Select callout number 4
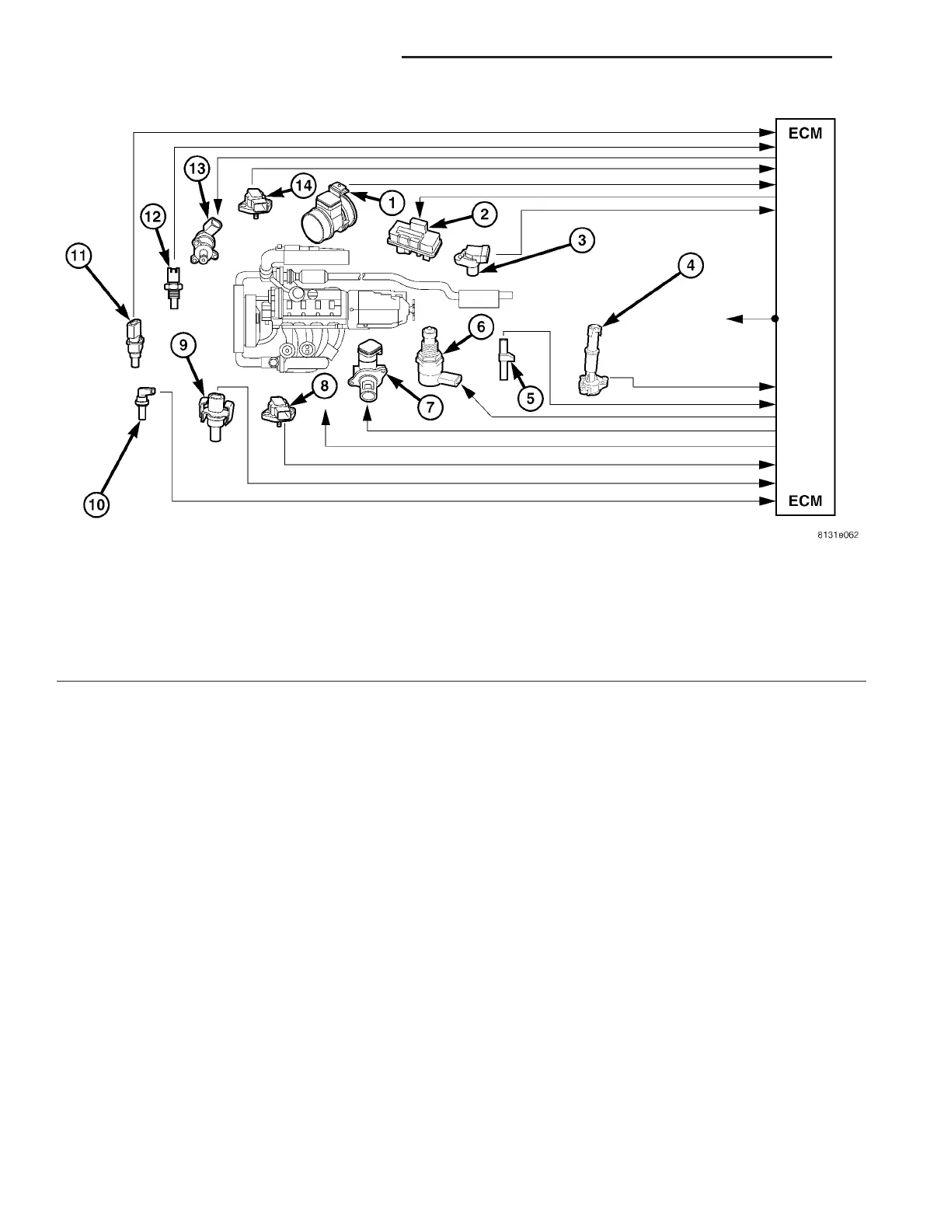(690, 266)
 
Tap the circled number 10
(96, 505)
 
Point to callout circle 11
(78, 255)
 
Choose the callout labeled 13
(197, 168)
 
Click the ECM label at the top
(805, 133)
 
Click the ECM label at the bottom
(805, 500)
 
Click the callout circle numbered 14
(303, 186)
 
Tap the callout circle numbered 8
(324, 385)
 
